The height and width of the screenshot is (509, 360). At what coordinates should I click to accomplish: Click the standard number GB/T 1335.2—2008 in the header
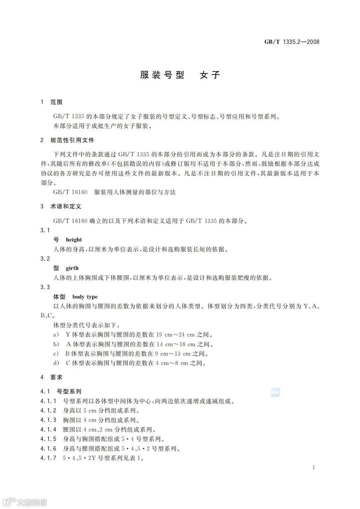click(292, 42)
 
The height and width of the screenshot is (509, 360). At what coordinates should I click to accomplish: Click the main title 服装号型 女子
click(180, 75)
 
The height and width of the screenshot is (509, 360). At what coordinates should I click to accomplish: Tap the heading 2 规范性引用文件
click(67, 140)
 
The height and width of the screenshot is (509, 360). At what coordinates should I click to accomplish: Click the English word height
click(74, 240)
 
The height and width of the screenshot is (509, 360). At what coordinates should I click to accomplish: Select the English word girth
click(72, 268)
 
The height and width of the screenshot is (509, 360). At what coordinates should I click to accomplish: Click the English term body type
click(85, 297)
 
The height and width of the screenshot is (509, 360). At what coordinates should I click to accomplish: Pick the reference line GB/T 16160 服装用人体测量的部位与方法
click(114, 192)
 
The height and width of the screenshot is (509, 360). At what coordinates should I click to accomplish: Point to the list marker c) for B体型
click(56, 354)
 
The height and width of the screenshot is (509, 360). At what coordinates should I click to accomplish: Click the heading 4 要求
click(51, 377)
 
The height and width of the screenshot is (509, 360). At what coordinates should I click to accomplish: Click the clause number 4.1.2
click(48, 411)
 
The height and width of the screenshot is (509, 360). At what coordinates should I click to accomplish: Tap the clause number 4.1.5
click(48, 439)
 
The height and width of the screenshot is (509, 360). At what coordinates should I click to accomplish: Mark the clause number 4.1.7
click(48, 458)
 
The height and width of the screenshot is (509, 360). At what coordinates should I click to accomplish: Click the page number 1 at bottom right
click(314, 467)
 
